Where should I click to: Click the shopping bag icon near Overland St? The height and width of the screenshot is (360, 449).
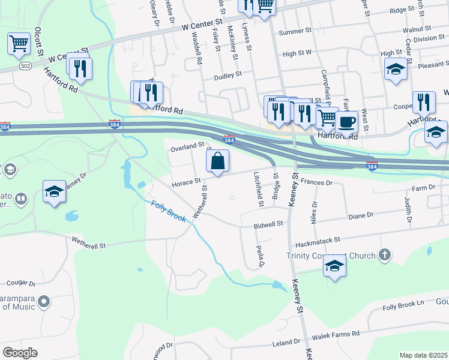coord(217,161)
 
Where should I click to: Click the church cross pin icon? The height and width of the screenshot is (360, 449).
coord(385,256)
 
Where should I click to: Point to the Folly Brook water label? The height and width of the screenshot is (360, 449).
coord(169,211)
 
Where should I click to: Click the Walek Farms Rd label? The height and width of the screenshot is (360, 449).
coord(339,334)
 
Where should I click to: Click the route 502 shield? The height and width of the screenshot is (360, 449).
coord(25,65)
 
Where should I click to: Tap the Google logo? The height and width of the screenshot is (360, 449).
coord(20,352)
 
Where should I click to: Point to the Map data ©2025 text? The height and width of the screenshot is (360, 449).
coord(423,355)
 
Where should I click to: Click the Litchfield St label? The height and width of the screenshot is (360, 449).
coord(259,190)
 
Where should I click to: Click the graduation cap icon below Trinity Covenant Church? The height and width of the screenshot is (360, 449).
coord(334,267)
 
